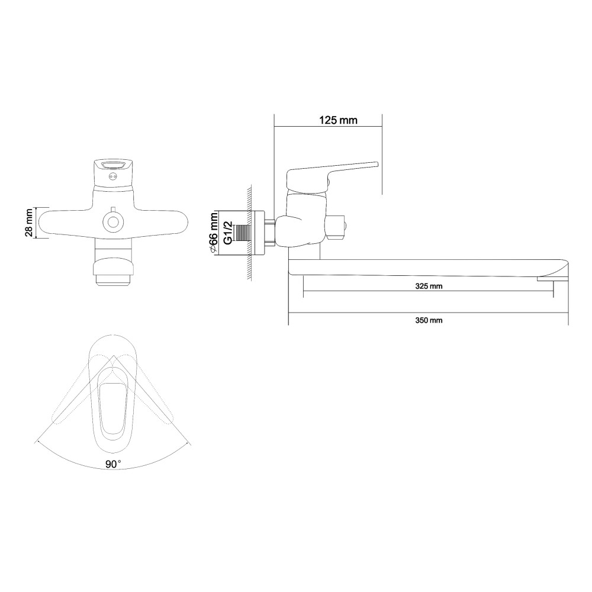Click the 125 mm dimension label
[x=338, y=120]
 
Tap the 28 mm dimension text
[x=28, y=223]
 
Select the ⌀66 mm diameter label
[x=213, y=233]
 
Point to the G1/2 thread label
[x=228, y=233]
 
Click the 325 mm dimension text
[x=429, y=286]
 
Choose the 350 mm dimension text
[x=429, y=320]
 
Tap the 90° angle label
[x=113, y=464]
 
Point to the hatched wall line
[x=250, y=233]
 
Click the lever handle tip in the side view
[x=376, y=163]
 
